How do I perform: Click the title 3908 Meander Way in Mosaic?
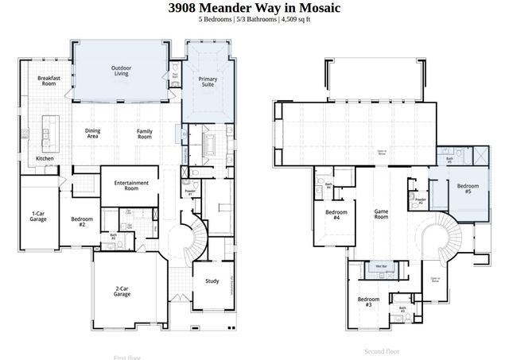coord(254,8)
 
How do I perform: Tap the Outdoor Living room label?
coord(121,71)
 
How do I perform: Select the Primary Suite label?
coord(208,82)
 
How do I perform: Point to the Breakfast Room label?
coord(49,80)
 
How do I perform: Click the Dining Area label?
coord(93,134)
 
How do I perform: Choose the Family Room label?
coord(144,134)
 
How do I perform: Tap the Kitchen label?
coord(45,158)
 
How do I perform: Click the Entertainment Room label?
coord(131,186)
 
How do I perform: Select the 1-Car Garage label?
coord(37,216)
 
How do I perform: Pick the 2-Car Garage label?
coord(122,291)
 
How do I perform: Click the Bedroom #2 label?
coord(82,222)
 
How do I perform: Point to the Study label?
coord(212,281)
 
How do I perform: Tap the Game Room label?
coord(382,214)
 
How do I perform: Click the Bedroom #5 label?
coord(464,189)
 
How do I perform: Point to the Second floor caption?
coord(382,350)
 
